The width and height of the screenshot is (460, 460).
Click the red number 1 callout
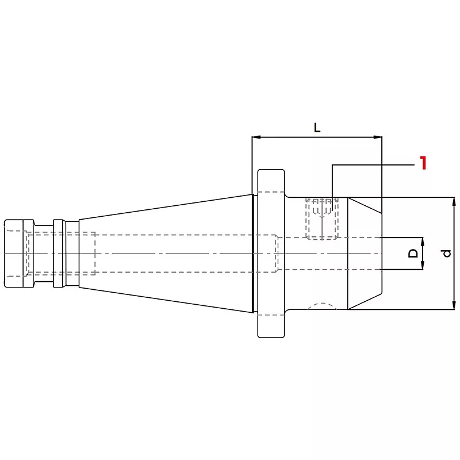tap(423, 163)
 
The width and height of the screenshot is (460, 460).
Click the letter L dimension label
tap(317, 128)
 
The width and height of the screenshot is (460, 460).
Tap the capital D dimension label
tap(413, 253)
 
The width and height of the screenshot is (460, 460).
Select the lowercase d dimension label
tap(447, 253)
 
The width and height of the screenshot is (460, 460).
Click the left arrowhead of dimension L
tap(256, 137)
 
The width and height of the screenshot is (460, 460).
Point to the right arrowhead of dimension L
tap(378, 137)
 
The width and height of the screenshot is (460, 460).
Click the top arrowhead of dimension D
tap(423, 241)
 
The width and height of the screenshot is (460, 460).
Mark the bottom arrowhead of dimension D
tap(423, 265)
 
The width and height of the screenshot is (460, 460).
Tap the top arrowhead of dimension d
tap(454, 202)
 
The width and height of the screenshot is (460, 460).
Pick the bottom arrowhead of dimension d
tap(454, 305)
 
